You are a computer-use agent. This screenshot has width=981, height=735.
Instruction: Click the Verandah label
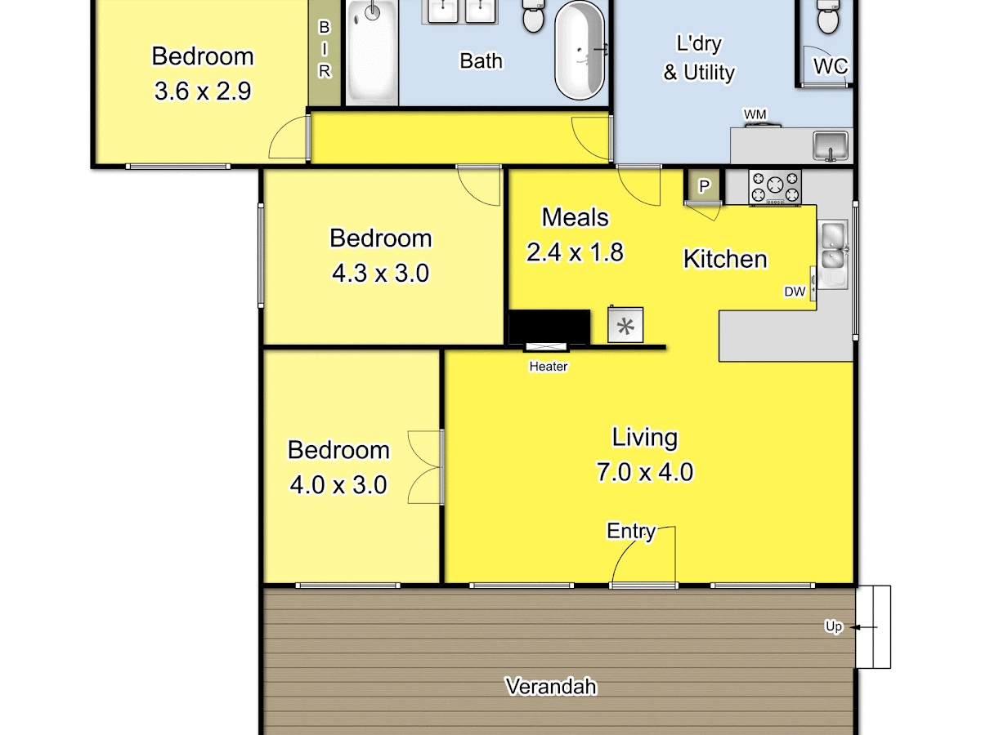pyautogui.click(x=551, y=686)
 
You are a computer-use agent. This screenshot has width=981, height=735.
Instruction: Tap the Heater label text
pyautogui.click(x=549, y=367)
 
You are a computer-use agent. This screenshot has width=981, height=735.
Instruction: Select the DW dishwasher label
pyautogui.click(x=795, y=292)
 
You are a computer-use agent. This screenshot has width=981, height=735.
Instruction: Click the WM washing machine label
pyautogui.click(x=755, y=114)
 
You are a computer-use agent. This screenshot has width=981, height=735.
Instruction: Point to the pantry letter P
pyautogui.click(x=704, y=186)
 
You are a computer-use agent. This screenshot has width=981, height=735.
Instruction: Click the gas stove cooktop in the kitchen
pyautogui.click(x=775, y=188)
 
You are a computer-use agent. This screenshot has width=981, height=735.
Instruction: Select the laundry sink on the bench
pyautogui.click(x=831, y=146)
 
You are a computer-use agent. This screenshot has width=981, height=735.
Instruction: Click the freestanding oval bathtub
pyautogui.click(x=580, y=50)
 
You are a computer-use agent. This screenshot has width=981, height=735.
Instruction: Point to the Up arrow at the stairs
pyautogui.click(x=863, y=627)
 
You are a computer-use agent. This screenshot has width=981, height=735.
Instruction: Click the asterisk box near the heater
pyautogui.click(x=625, y=325)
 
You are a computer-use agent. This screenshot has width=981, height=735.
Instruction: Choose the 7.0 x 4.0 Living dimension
pyautogui.click(x=645, y=472)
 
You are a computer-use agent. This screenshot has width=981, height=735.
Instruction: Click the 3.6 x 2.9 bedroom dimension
pyautogui.click(x=203, y=91)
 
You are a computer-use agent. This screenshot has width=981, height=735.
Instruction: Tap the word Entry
pyautogui.click(x=630, y=531)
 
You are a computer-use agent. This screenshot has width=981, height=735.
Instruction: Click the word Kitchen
pyautogui.click(x=725, y=259)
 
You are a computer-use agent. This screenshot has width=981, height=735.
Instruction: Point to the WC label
pyautogui.click(x=831, y=66)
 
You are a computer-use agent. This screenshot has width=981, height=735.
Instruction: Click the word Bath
pyautogui.click(x=481, y=61)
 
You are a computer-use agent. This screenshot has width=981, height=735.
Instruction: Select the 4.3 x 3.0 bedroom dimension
pyautogui.click(x=380, y=273)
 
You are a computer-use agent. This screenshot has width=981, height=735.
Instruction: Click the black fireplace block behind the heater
pyautogui.click(x=549, y=327)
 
